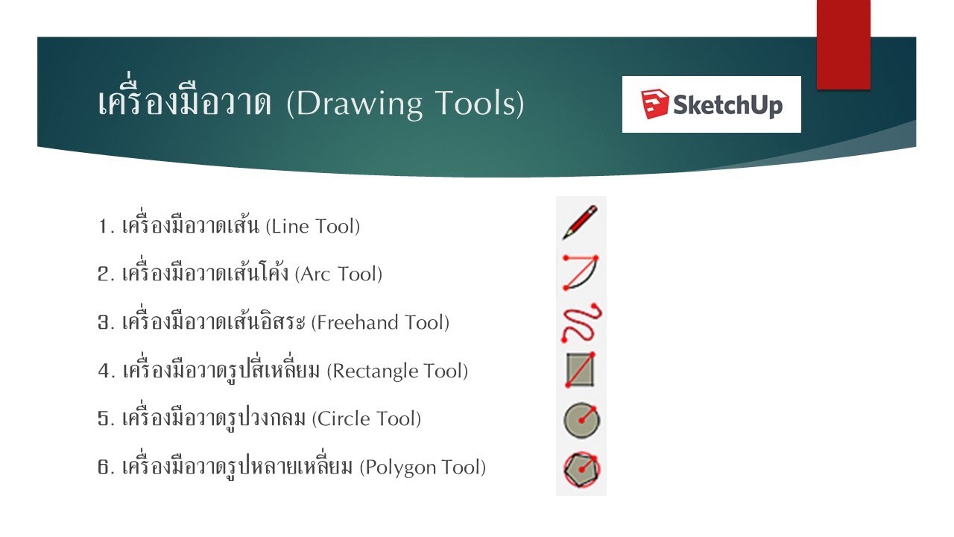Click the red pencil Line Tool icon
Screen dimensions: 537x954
click(x=581, y=222)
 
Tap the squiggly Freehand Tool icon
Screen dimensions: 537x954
click(x=581, y=321)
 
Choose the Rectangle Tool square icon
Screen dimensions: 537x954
click(x=581, y=370)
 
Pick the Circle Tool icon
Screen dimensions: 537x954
click(x=581, y=420)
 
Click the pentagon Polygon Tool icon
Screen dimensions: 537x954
click(x=581, y=469)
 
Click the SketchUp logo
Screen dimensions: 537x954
click(x=711, y=104)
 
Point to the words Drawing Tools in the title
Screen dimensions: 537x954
click(x=405, y=104)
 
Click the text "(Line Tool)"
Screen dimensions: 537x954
click(x=312, y=226)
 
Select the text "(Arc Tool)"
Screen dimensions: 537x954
click(x=338, y=274)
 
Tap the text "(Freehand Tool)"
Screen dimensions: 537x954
click(x=380, y=323)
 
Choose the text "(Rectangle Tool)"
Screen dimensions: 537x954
click(x=397, y=371)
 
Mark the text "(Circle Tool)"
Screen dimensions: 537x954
click(x=367, y=419)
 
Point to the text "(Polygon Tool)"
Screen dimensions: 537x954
click(x=423, y=468)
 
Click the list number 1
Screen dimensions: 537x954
click(x=104, y=226)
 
